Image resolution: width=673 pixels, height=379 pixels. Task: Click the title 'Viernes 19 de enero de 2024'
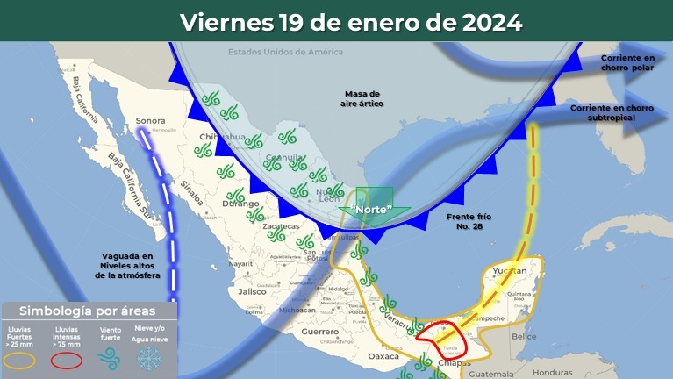[x=351, y=21]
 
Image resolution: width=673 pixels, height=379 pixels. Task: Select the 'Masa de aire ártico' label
[x=362, y=97]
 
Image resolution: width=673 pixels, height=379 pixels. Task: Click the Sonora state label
[x=151, y=122]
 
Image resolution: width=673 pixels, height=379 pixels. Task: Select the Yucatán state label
[x=510, y=271]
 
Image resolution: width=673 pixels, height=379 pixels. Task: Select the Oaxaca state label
[x=383, y=357]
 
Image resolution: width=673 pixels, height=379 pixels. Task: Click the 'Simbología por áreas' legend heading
[x=88, y=311]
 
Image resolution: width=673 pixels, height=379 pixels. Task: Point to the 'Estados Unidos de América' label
[x=279, y=52]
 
